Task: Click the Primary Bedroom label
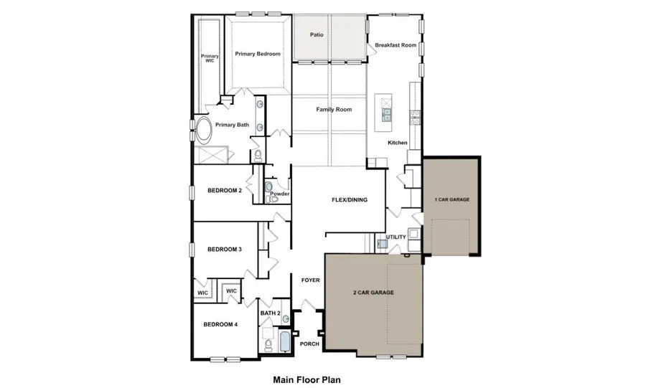pos(257,54)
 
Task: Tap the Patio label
pos(317,34)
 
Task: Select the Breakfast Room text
pos(395,45)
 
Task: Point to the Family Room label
pos(334,110)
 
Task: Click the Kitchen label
pos(398,143)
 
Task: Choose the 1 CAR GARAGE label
pos(452,199)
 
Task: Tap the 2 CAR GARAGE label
pos(373,293)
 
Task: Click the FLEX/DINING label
pos(350,200)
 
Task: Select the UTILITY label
pos(396,237)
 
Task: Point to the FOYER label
pos(310,280)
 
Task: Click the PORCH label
pos(310,344)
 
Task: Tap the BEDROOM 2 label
pos(225,190)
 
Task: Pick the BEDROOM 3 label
pos(225,250)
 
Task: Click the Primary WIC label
pos(210,59)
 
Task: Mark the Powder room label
pos(280,194)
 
